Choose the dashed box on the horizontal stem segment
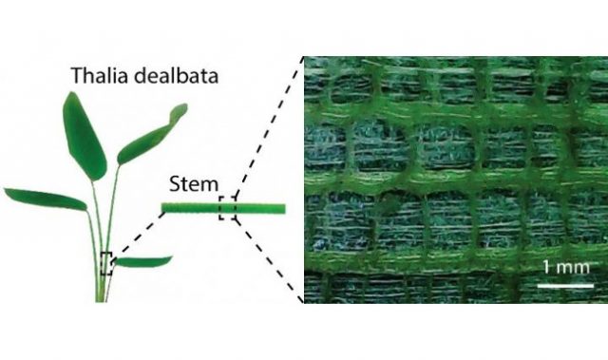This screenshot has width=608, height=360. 227,207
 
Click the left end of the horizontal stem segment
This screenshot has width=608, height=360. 163,207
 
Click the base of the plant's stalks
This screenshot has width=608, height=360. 102,296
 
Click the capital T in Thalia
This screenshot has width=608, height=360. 74,75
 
